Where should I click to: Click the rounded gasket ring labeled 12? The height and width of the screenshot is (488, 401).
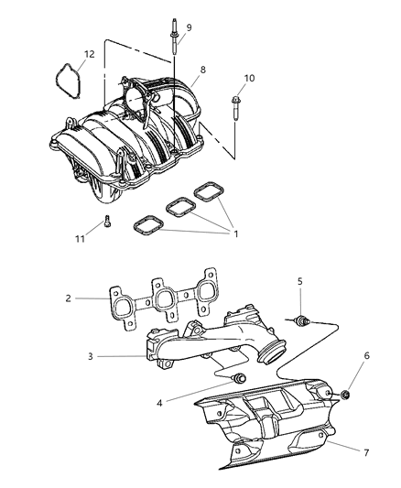pyautogui.click(x=65, y=78)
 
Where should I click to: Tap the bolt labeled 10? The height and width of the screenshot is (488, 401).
pyautogui.click(x=236, y=109)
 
